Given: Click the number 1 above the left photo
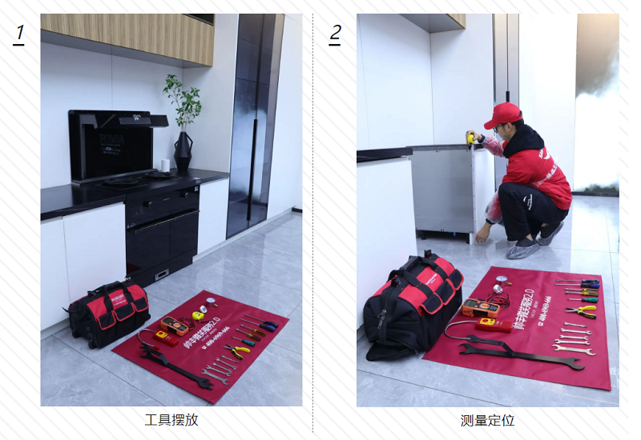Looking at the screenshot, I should [19, 34].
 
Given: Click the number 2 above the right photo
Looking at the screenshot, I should [335, 34].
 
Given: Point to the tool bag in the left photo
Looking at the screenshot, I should [107, 312].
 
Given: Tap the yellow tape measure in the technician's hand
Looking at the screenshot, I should [471, 138].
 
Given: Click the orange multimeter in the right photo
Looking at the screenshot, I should [480, 307].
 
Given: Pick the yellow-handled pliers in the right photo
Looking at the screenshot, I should [581, 310].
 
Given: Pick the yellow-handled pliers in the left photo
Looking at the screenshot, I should [237, 350].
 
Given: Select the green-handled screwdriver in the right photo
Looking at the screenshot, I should [583, 297].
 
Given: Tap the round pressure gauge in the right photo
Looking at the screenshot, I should [498, 290].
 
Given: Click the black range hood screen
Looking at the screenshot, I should [111, 144].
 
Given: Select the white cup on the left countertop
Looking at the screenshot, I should [165, 166].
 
